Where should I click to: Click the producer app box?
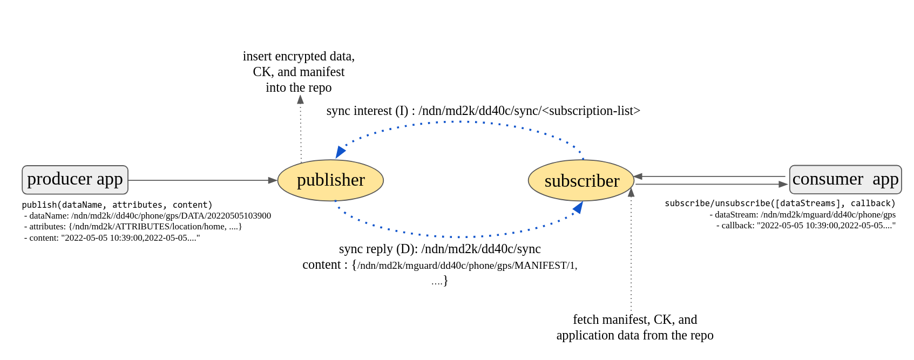click(x=75, y=180)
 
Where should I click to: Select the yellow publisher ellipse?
click(x=330, y=180)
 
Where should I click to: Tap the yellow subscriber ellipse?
click(x=581, y=181)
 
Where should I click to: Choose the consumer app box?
click(x=845, y=180)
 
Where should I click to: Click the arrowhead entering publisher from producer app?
click(x=273, y=180)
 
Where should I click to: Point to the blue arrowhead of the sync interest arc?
click(x=340, y=152)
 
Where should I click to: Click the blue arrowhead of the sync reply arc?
click(x=578, y=207)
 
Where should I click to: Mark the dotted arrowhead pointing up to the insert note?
click(x=300, y=99)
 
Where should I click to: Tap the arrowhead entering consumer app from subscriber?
click(x=783, y=184)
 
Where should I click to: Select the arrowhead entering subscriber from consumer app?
click(x=638, y=176)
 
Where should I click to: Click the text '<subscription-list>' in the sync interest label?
click(x=591, y=111)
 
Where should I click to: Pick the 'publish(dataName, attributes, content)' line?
click(x=117, y=205)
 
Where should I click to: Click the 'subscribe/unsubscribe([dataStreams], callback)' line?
click(x=780, y=203)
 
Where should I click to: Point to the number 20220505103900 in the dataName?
click(x=239, y=216)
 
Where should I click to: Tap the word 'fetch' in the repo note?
click(x=585, y=320)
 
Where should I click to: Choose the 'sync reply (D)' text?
click(x=378, y=249)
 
